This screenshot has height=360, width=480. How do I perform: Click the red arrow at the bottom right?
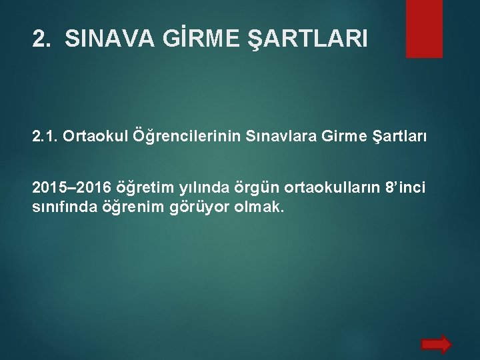[x=437, y=343]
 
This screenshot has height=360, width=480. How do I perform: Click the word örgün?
[x=245, y=186]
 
